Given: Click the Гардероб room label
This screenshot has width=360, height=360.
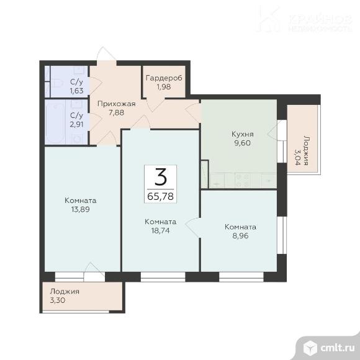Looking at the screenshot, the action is pyautogui.click(x=164, y=78).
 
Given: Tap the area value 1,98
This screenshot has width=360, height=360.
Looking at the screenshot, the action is pyautogui.click(x=164, y=87).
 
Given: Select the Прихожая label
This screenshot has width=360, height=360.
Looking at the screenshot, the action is pyautogui.click(x=117, y=104).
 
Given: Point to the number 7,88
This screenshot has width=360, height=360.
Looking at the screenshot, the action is pyautogui.click(x=117, y=112).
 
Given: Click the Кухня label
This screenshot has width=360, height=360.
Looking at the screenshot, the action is pyautogui.click(x=243, y=134).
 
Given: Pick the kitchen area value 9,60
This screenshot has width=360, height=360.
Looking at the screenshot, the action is pyautogui.click(x=243, y=143).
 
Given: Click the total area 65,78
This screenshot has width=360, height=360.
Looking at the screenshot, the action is pyautogui.click(x=160, y=197).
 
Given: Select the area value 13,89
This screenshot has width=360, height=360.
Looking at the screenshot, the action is pyautogui.click(x=80, y=209).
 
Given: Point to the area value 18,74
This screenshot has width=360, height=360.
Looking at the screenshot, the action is pyautogui.click(x=161, y=230).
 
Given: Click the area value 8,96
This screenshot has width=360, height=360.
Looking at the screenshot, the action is pyautogui.click(x=240, y=236).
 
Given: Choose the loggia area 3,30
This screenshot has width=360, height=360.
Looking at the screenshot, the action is pyautogui.click(x=58, y=300).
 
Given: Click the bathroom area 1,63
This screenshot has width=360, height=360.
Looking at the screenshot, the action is pyautogui.click(x=77, y=91).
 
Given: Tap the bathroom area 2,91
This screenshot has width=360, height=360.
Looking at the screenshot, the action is pyautogui.click(x=77, y=124).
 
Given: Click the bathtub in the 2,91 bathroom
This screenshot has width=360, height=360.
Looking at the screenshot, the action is pyautogui.click(x=55, y=122).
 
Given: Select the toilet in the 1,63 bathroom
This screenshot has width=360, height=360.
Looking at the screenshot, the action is pyautogui.click(x=57, y=83).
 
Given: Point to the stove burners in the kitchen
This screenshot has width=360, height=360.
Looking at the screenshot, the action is pyautogui.click(x=243, y=181).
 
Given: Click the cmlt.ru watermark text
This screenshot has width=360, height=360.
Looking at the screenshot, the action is pyautogui.click(x=338, y=348).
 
